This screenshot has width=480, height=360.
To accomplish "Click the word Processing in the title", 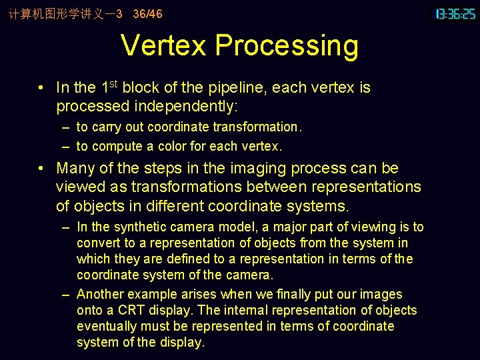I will [x=287, y=46].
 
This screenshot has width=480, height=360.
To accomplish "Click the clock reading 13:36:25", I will [x=455, y=13].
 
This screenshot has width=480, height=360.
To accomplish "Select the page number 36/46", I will [x=147, y=13].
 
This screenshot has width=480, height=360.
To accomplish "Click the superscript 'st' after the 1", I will [x=113, y=83].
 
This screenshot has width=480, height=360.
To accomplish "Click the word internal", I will [x=249, y=310].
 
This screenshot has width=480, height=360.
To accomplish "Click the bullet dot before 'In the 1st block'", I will [x=41, y=88].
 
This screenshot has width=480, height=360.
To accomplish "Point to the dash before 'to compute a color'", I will [x=66, y=146].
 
